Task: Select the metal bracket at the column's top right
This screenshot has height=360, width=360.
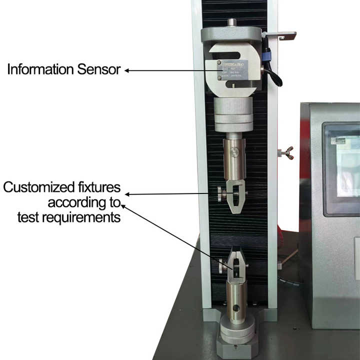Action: pyautogui.click(x=280, y=35)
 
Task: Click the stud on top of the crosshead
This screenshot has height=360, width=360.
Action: pyautogui.click(x=231, y=22)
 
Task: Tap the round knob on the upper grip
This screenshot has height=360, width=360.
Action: pyautogui.click(x=221, y=194)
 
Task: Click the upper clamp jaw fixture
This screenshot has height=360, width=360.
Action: pyautogui.click(x=235, y=195)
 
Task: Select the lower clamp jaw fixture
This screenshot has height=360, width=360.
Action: pyautogui.click(x=234, y=265)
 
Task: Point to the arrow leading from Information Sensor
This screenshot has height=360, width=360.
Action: pyautogui.click(x=165, y=70)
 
